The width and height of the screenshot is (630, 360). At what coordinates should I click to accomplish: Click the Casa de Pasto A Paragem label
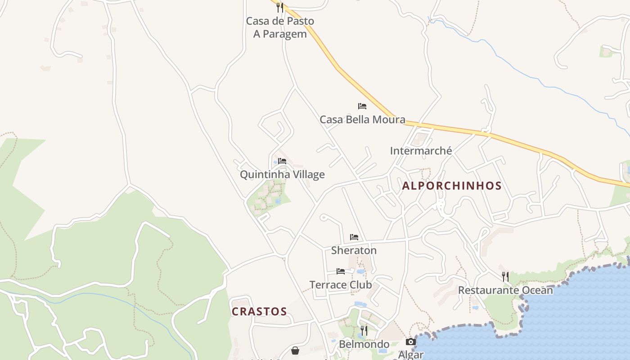[280, 27]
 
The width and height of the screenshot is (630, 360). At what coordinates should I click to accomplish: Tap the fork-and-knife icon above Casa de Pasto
[279, 7]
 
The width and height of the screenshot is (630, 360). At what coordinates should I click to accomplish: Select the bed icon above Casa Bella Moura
[362, 106]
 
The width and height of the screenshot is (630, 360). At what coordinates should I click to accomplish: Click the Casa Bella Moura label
[362, 120]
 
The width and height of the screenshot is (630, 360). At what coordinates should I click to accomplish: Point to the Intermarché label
[421, 151]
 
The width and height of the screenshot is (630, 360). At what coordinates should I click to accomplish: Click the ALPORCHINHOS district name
[452, 186]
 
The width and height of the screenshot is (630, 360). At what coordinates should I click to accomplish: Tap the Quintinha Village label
[282, 175]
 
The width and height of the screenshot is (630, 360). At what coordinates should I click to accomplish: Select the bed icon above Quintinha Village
[282, 161]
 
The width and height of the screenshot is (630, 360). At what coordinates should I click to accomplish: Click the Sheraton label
[354, 250]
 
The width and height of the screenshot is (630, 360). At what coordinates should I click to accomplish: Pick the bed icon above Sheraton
[354, 237]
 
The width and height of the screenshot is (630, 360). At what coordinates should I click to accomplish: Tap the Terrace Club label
[341, 285]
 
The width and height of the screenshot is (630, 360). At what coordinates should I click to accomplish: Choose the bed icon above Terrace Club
[341, 271]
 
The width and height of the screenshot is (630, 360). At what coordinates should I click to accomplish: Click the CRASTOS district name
[259, 311]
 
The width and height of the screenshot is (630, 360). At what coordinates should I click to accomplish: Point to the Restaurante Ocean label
[505, 290]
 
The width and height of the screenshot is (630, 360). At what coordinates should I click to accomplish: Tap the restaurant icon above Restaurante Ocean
[505, 276]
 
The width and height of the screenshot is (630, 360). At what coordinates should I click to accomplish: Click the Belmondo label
[364, 344]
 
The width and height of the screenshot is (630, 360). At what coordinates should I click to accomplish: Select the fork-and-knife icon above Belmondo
[364, 331]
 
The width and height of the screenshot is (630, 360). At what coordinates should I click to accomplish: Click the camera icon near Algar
[411, 342]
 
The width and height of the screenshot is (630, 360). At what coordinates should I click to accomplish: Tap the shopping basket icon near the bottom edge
[295, 350]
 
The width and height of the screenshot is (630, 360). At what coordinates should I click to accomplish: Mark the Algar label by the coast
[411, 355]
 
